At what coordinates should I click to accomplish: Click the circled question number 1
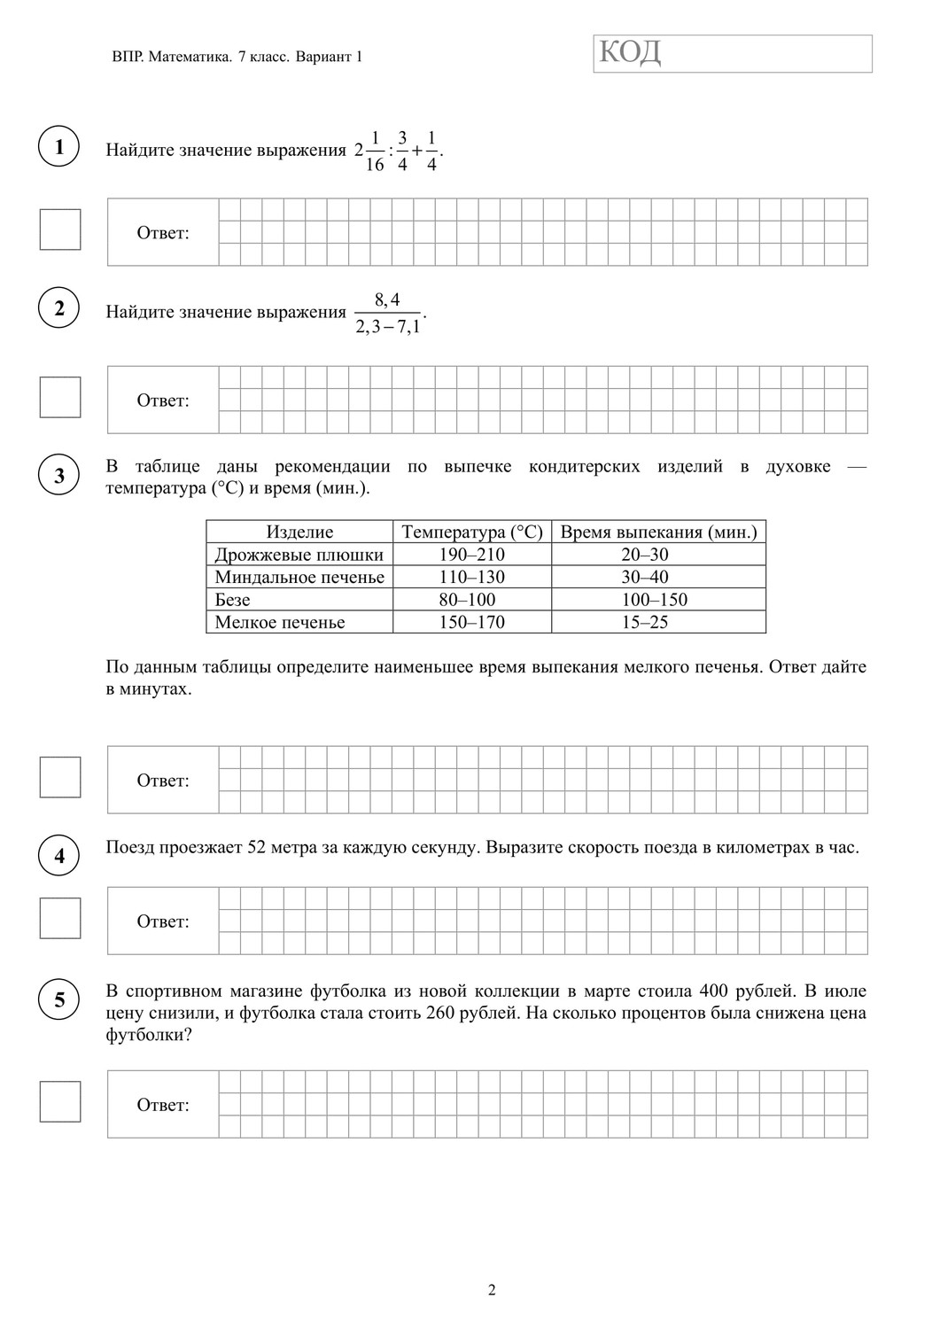pos(59,146)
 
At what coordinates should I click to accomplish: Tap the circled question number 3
pos(59,475)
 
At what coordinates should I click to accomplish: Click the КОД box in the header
pos(733,53)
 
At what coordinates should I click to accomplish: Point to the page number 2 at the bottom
pos(492,1290)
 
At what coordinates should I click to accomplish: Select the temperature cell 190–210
pos(471,555)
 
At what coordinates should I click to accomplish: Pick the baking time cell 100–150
pos(657,600)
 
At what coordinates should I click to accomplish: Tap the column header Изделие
pos(299,532)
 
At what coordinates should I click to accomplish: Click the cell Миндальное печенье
pos(299,578)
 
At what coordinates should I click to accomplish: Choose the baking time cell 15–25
pos(657,622)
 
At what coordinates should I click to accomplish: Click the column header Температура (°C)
pos(471,532)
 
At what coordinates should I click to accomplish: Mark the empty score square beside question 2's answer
pos(60,397)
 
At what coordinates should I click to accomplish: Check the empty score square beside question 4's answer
pos(60,918)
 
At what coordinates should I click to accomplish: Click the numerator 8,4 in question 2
pos(387,299)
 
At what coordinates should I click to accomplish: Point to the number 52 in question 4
pos(257,847)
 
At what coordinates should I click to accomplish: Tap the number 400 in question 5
pos(714,991)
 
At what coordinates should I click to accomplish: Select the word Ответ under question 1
pos(163,233)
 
